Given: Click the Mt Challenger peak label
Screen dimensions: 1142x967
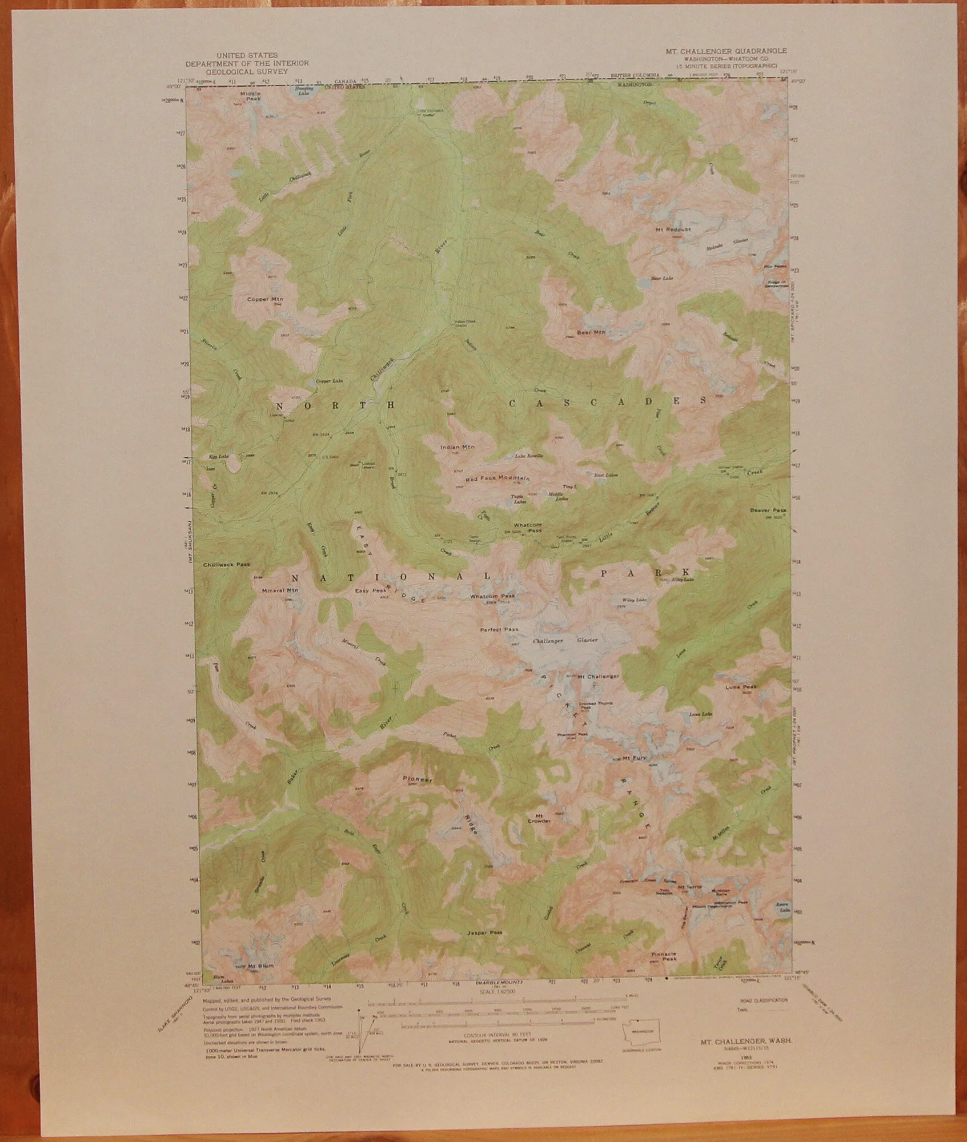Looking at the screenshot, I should coord(598,677).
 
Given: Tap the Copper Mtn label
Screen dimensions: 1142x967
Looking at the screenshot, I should coord(266,299).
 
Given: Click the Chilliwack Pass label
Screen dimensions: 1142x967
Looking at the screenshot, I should coord(226,565).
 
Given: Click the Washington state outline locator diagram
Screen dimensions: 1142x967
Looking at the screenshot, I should coord(641,1030).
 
